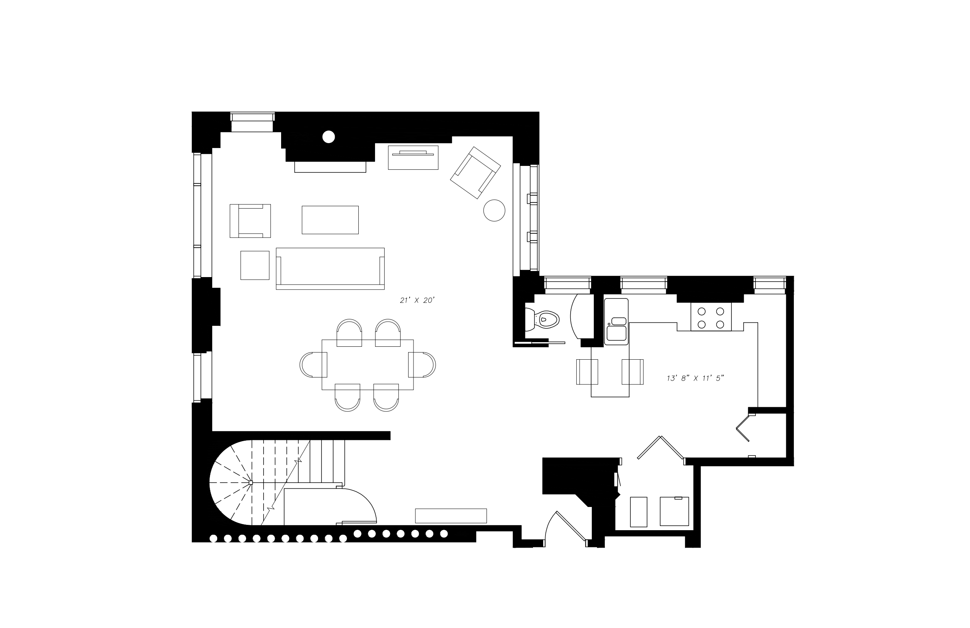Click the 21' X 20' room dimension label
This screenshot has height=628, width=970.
[417, 301]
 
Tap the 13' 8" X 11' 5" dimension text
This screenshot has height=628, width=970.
[695, 378]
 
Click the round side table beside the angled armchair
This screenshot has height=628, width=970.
[494, 210]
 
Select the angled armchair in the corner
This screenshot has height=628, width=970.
[475, 172]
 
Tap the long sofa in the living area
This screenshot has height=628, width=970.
[330, 268]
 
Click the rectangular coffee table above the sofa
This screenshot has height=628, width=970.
[330, 220]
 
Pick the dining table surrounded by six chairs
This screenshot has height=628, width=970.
[367, 365]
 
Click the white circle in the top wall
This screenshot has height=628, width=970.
[329, 137]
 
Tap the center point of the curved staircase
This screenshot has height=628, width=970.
[251, 483]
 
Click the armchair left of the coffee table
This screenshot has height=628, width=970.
[250, 221]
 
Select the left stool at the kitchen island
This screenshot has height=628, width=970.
[587, 371]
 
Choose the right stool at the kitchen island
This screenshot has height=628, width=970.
[633, 371]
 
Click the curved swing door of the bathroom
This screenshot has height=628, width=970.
[578, 316]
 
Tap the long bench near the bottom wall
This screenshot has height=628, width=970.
[451, 515]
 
